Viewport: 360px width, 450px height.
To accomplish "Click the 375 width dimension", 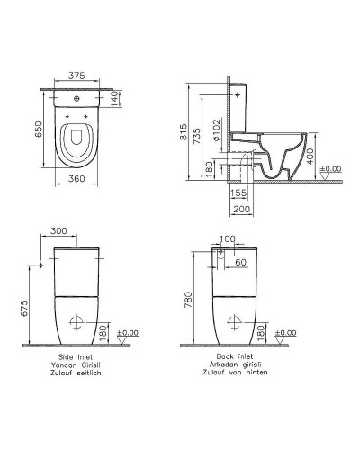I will (80, 76).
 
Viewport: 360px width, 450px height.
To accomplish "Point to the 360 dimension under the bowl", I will (80, 181).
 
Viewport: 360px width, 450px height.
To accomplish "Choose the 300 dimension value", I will (58, 231).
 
